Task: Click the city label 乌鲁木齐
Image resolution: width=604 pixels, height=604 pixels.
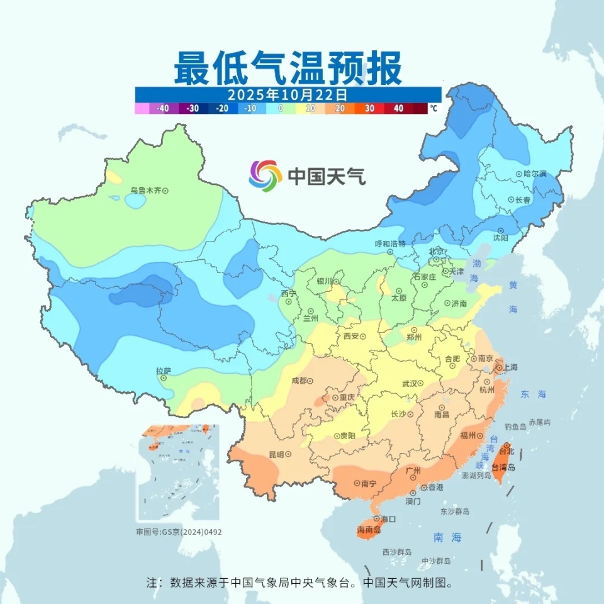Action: click(146, 189)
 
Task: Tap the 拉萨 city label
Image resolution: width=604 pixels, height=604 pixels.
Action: click(164, 371)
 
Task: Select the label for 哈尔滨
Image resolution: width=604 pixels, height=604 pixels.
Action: click(535, 174)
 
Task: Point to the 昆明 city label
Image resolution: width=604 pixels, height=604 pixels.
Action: click(276, 454)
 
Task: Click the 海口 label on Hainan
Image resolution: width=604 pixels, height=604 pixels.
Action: click(388, 519)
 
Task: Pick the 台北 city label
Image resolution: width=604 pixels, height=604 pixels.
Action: click(506, 451)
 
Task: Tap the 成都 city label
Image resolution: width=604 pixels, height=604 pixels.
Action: click(299, 381)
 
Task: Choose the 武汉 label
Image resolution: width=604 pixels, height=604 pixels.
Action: click(409, 383)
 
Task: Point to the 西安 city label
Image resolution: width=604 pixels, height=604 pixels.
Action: click(350, 336)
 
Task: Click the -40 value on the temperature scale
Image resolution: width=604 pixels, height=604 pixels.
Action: click(163, 108)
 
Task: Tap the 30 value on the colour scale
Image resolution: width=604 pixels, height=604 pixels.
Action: click(369, 108)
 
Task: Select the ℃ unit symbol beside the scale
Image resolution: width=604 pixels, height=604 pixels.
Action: click(433, 108)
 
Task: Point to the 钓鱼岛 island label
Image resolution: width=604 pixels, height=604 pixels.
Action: click(515, 427)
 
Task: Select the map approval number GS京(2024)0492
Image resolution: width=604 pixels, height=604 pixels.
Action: click(179, 532)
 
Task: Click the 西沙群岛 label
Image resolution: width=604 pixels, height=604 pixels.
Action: click(397, 552)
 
